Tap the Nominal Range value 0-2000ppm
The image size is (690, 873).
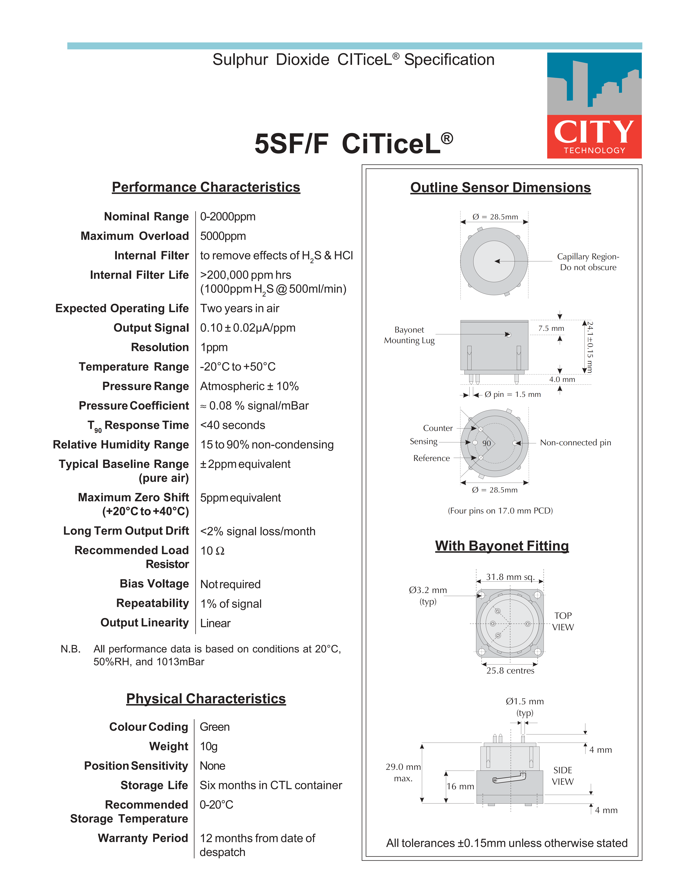pyautogui.click(x=228, y=217)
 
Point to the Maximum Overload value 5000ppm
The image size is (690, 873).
pyautogui.click(x=223, y=236)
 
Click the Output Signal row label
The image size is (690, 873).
pyautogui.click(x=151, y=328)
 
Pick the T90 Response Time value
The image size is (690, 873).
pyautogui.click(x=233, y=425)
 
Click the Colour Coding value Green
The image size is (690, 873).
pyautogui.click(x=214, y=727)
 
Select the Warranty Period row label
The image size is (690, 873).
pyautogui.click(x=143, y=838)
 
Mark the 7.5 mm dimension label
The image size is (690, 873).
pyautogui.click(x=551, y=328)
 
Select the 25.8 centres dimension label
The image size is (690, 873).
pyautogui.click(x=510, y=671)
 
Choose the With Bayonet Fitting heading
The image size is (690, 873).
pyautogui.click(x=502, y=546)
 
